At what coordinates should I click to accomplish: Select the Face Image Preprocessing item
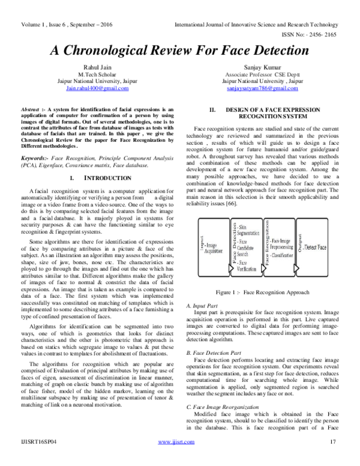coord(283,243)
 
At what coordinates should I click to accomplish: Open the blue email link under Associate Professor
coord(262,89)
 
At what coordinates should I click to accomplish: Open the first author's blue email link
coord(97,89)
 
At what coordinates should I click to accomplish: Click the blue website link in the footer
coord(176,443)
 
